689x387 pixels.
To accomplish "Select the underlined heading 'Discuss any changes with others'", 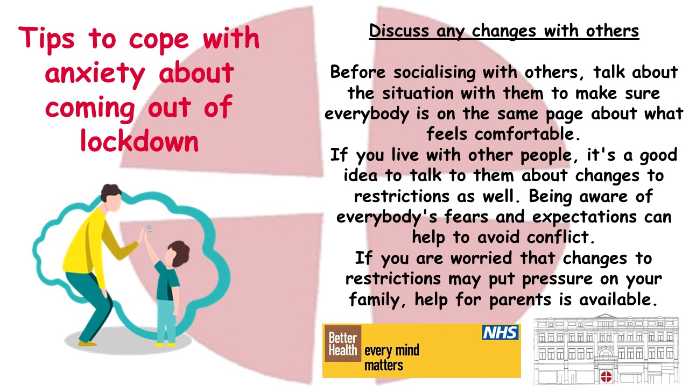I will (504, 31).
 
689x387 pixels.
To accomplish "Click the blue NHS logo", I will (500, 333).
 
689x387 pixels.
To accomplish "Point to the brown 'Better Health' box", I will (342, 344).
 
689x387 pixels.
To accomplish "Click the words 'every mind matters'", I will (391, 358).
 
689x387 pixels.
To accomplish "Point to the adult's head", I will (112, 198).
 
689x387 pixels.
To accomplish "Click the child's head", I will (177, 254).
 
